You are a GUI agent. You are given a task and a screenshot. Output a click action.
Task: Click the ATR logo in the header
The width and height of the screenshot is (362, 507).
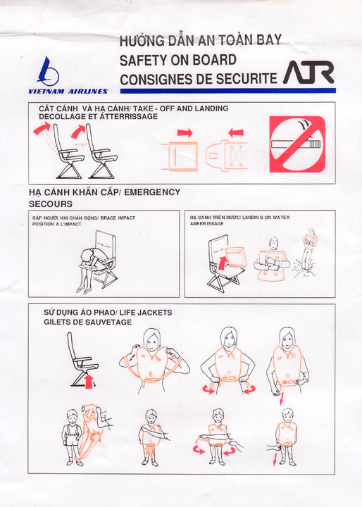pos(308,73)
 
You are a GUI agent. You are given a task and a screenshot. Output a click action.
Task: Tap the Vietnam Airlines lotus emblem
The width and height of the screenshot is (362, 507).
pos(49,71)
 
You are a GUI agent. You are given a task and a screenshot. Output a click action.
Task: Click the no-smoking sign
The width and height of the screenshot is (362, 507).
pos(297,144)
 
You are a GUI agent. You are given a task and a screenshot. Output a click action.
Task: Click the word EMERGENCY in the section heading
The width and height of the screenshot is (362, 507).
pos(152,192)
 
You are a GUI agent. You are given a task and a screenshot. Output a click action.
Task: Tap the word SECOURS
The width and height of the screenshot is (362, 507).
pos(51,204)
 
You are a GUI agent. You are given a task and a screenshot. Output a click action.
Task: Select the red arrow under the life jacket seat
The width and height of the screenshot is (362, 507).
pos(89,381)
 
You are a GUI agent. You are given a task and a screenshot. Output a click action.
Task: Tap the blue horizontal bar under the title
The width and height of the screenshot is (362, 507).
pos(227,91)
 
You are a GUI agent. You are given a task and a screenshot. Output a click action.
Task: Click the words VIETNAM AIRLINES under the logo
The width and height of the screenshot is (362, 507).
pos(68,92)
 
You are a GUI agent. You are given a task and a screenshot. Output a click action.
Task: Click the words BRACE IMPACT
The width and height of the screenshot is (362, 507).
pos(118,218)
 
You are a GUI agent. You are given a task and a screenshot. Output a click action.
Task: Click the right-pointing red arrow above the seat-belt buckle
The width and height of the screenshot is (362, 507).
pos(185,132)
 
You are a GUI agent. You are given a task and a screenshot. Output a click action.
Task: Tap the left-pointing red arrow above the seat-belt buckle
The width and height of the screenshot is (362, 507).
pos(236,132)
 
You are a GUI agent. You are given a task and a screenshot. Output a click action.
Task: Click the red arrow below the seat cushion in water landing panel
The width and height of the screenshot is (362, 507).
pos(223,263)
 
